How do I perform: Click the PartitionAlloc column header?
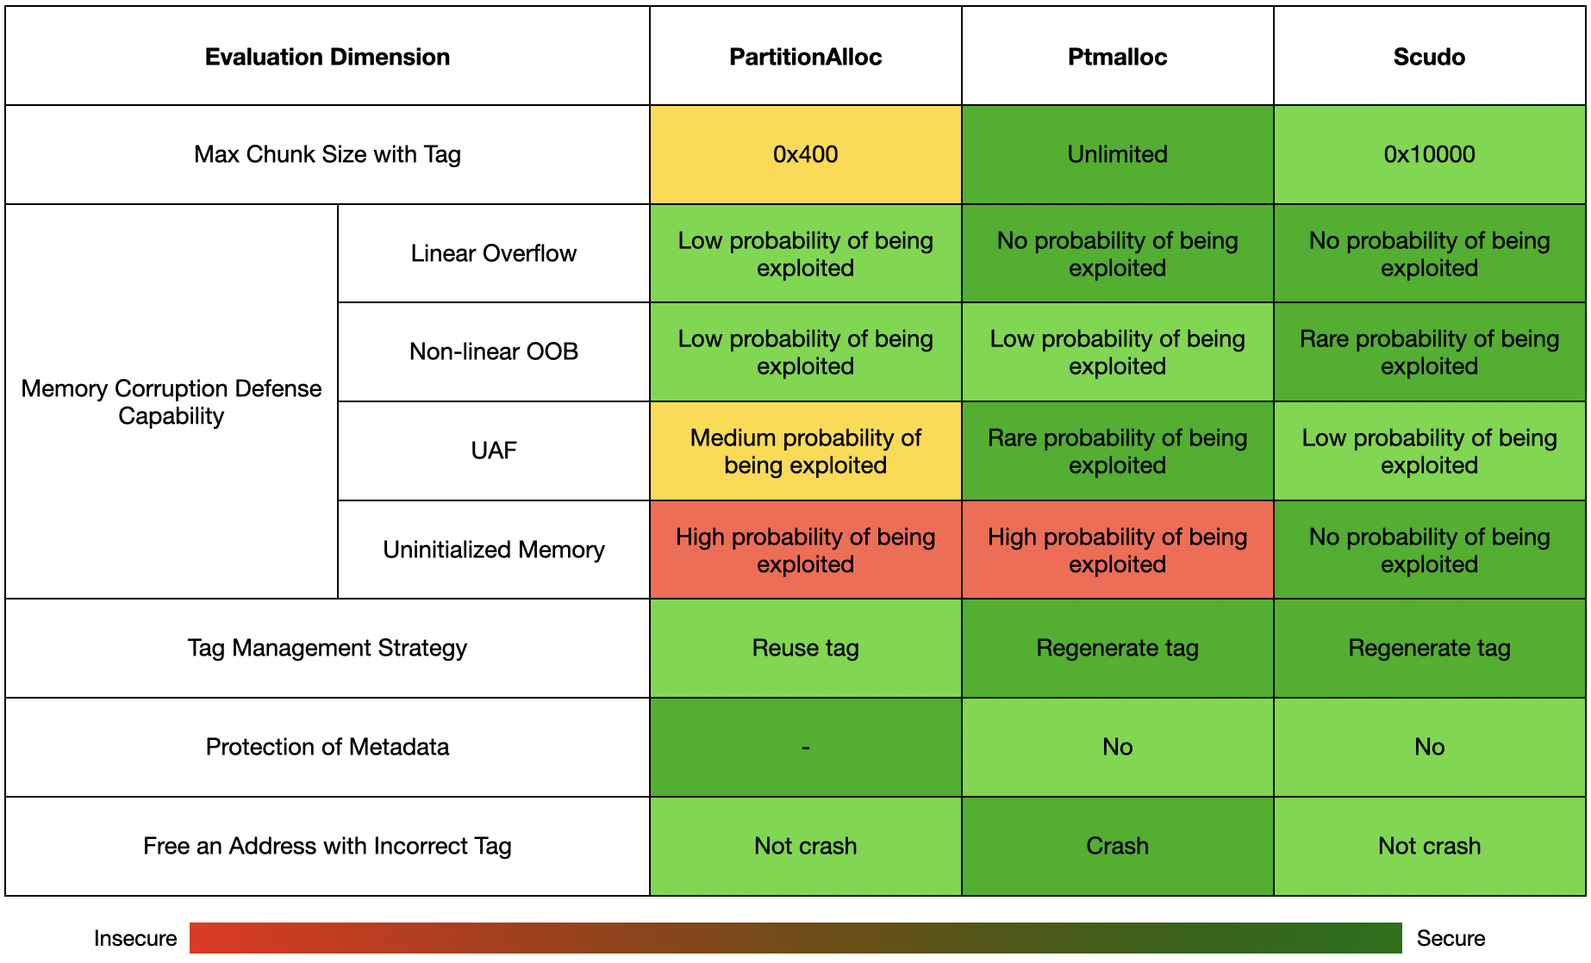coord(805,57)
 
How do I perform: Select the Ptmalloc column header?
coord(1117,57)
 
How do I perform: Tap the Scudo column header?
coord(1429,57)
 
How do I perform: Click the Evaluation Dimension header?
coord(328,57)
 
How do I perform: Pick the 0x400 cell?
coord(805,154)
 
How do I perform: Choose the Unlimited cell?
coord(1117,154)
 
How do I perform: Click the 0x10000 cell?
coord(1429,154)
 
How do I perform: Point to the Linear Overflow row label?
coord(494,253)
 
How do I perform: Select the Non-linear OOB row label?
coord(494,351)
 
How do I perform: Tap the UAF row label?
coord(494,450)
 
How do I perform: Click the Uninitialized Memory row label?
coord(494,550)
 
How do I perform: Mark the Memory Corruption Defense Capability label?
coord(172,402)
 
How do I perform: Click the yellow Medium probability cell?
coord(805,451)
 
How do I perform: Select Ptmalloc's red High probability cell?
coord(1117,550)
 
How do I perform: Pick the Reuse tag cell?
coord(805,648)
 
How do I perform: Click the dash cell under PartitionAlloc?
coord(805,747)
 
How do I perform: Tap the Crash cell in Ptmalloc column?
coord(1117,846)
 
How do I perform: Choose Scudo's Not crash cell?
coord(1429,846)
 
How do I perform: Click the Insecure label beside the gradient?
coord(135,938)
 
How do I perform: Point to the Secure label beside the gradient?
coord(1451,938)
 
